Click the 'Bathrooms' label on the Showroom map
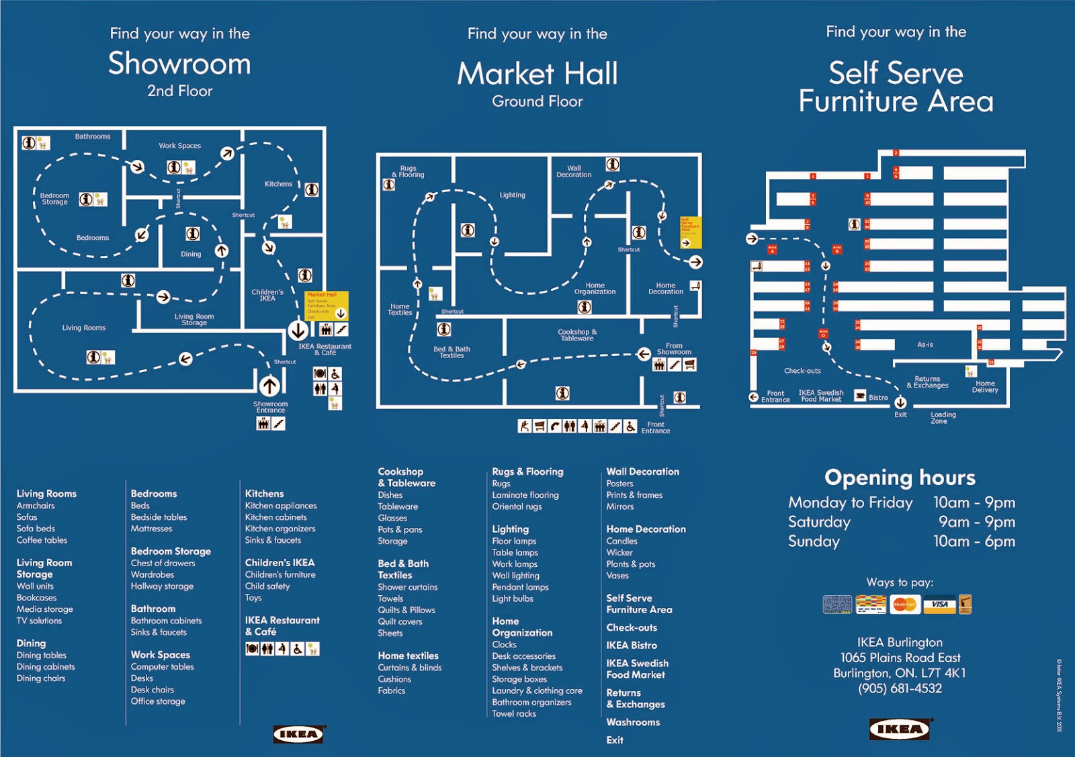click(x=93, y=137)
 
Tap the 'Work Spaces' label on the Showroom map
click(x=179, y=146)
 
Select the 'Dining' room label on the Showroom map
click(x=191, y=255)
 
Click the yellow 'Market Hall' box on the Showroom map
click(x=327, y=306)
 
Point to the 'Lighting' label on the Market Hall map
click(x=512, y=195)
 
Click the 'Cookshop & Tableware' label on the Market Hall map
click(x=577, y=335)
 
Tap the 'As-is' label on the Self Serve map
click(x=925, y=345)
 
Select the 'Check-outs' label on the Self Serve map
click(x=802, y=371)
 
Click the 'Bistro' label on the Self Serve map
click(x=878, y=398)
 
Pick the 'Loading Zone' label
click(x=943, y=418)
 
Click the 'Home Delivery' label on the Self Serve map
click(x=985, y=387)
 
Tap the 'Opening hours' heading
click(x=900, y=478)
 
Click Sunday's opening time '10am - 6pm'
click(x=974, y=541)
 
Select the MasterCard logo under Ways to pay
click(x=904, y=605)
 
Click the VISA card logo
click(x=939, y=605)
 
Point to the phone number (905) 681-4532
click(x=900, y=688)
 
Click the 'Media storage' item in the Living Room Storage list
click(x=45, y=609)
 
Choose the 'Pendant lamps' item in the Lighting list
click(x=520, y=587)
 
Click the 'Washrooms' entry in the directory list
click(x=633, y=722)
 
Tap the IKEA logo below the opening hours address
click(x=900, y=729)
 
